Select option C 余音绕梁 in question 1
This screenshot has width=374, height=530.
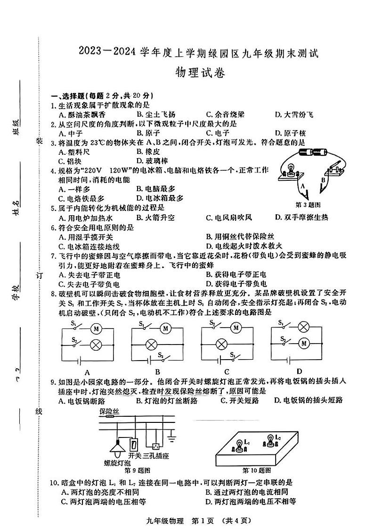pyautogui.click(x=225, y=115)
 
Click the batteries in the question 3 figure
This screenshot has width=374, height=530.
pyautogui.click(x=313, y=152)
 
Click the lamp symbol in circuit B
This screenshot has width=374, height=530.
pyautogui.click(x=152, y=344)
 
